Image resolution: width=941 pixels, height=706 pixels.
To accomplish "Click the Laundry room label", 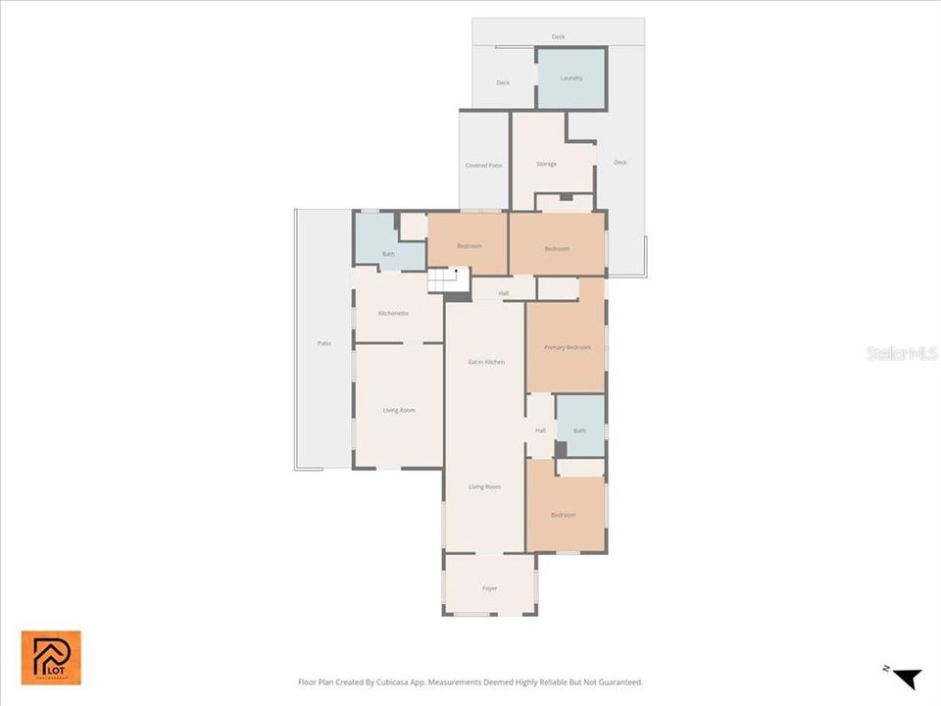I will click(x=571, y=77).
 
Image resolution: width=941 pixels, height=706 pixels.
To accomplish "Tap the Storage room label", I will click(x=546, y=164).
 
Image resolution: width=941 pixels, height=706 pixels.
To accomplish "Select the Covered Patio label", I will click(x=483, y=165).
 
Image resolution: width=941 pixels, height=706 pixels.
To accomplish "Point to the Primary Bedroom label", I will click(x=568, y=347).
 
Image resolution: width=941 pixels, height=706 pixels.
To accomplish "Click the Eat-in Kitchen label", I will click(x=486, y=362).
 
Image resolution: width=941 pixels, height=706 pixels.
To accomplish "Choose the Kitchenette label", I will click(x=393, y=313).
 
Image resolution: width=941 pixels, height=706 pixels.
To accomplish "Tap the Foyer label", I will click(x=489, y=588).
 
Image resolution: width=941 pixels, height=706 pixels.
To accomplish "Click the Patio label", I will click(x=323, y=343).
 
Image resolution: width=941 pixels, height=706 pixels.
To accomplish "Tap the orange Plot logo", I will click(x=51, y=658).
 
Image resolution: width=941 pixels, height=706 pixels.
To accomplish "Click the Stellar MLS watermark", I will click(x=902, y=353).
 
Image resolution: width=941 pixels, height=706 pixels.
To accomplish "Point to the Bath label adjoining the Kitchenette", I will click(x=388, y=254).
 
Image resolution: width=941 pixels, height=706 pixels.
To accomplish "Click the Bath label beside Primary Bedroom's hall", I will click(x=579, y=430).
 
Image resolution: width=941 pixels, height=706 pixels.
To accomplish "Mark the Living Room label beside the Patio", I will click(x=399, y=410).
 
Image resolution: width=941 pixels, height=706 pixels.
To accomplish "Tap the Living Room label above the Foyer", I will click(x=485, y=486).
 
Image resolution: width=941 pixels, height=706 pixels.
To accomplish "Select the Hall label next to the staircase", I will click(x=504, y=293).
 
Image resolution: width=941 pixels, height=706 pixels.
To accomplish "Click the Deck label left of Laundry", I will click(x=503, y=82).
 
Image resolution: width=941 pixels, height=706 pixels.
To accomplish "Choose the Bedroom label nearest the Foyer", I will click(x=563, y=515).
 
